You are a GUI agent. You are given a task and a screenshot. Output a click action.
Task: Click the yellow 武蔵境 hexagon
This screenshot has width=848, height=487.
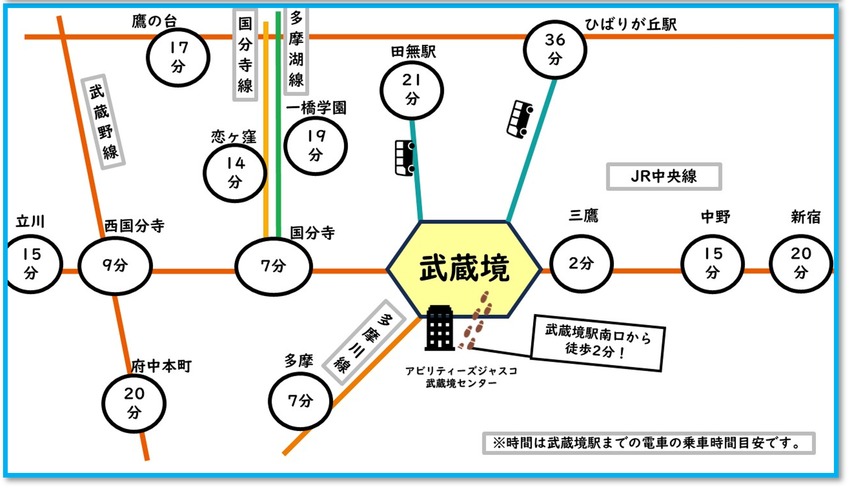(x=464, y=269)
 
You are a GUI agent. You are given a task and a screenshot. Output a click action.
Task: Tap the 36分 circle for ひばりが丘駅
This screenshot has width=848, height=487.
(x=555, y=50)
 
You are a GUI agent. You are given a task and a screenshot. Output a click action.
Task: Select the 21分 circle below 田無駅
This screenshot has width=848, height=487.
(x=412, y=90)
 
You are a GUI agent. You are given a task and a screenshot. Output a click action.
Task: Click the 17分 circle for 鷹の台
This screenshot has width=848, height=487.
(x=178, y=58)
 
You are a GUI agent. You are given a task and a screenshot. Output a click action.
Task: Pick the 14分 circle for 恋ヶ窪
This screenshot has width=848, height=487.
(x=235, y=173)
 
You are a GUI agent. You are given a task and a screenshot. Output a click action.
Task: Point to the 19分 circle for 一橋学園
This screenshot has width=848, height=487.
(x=315, y=146)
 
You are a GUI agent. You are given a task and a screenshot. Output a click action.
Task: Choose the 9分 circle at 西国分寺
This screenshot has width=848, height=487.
(x=115, y=266)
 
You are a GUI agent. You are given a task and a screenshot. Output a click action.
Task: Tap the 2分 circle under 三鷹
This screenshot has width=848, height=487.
(x=581, y=264)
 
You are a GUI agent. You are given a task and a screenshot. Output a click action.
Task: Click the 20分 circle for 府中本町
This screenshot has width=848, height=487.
(x=134, y=403)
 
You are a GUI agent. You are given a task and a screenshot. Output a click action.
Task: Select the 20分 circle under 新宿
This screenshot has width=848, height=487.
(x=801, y=264)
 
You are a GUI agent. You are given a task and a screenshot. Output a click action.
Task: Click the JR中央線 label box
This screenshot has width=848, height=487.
(x=664, y=176)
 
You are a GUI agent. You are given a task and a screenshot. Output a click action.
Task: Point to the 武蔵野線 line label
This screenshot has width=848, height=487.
(x=103, y=122)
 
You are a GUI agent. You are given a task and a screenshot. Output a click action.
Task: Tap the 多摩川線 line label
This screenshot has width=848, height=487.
(x=364, y=342)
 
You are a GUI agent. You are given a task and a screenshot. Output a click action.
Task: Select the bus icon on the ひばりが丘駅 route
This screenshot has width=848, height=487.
(x=519, y=119)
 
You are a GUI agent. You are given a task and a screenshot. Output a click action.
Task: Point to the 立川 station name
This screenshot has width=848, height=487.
(x=30, y=222)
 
